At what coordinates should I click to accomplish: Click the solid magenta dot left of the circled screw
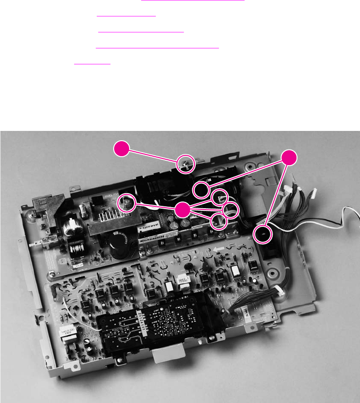pyautogui.click(x=122, y=148)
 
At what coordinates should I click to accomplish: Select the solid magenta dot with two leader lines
pyautogui.click(x=289, y=158)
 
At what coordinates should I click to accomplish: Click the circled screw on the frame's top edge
pyautogui.click(x=184, y=164)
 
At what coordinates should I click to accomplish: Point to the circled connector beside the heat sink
pyautogui.click(x=126, y=203)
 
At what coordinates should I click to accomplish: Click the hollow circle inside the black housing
pyautogui.click(x=201, y=190)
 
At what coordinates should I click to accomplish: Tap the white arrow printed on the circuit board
pyautogui.click(x=218, y=251)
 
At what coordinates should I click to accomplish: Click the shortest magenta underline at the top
pyautogui.click(x=92, y=64)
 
